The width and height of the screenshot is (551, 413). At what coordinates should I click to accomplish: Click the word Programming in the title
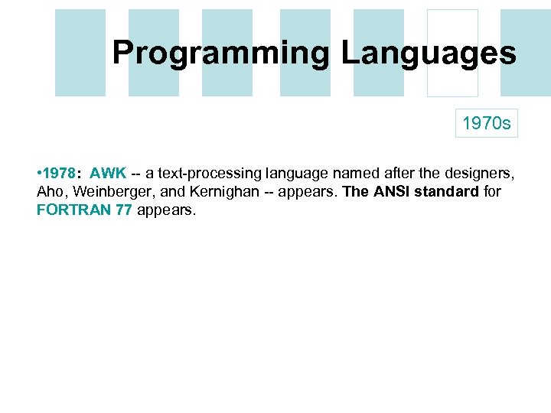(x=221, y=53)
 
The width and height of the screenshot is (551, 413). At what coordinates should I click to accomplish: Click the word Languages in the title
(x=429, y=53)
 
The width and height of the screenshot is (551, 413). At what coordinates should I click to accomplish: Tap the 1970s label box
(x=487, y=123)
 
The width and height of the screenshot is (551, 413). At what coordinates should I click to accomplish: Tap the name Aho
(x=50, y=191)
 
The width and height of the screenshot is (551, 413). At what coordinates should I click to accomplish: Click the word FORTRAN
(x=73, y=210)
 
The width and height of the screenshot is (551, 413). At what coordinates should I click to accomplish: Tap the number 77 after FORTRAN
(x=122, y=210)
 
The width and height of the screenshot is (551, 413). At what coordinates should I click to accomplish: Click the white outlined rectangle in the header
(x=452, y=53)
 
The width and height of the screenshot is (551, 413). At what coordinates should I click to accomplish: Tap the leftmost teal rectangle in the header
(x=80, y=53)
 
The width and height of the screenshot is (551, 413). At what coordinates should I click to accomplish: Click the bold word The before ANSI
(x=355, y=191)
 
